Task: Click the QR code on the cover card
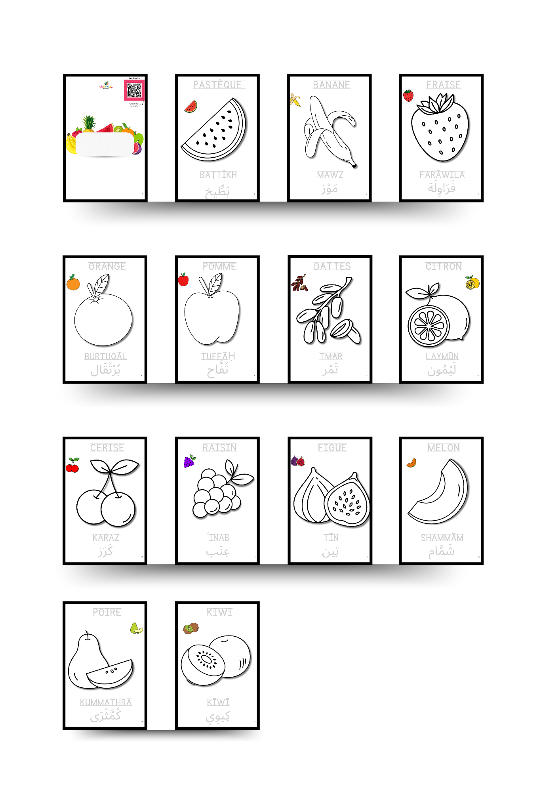click(134, 91)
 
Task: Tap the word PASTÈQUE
click(218, 85)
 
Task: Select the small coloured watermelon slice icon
click(191, 107)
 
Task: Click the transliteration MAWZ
click(330, 175)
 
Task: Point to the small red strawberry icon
click(408, 95)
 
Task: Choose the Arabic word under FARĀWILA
click(442, 188)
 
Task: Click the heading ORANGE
click(107, 266)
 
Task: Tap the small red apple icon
click(183, 279)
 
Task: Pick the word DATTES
click(332, 266)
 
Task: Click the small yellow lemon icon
click(472, 283)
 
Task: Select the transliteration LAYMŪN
click(442, 356)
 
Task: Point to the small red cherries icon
click(72, 465)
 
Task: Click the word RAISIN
click(219, 448)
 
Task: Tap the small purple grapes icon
click(190, 461)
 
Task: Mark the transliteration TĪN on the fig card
click(331, 538)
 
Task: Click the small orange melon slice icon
click(412, 462)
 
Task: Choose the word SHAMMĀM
click(442, 538)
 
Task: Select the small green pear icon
click(136, 628)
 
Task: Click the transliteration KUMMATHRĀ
click(106, 702)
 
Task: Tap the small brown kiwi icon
click(191, 628)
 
